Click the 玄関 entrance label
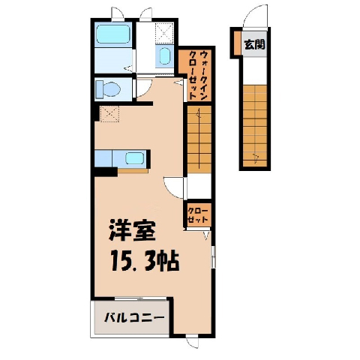click(254, 44)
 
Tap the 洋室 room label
click(132, 230)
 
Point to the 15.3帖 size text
click(145, 261)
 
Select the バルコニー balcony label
click(134, 318)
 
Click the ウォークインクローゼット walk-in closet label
click(198, 75)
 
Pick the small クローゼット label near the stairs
click(197, 215)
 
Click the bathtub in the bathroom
click(113, 34)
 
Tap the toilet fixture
click(108, 89)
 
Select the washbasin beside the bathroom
click(164, 56)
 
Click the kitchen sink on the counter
click(134, 158)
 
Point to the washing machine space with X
click(164, 32)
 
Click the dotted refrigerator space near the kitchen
click(109, 114)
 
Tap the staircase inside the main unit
click(199, 139)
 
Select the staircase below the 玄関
click(255, 126)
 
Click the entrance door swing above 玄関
click(256, 16)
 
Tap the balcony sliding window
click(140, 298)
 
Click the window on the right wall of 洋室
click(213, 257)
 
